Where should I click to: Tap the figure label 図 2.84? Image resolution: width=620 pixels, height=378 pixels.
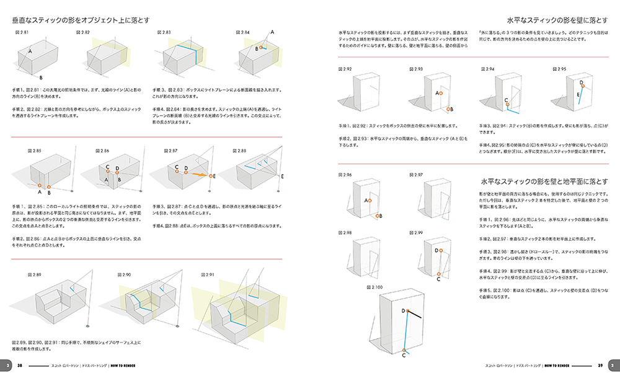click(x=244, y=32)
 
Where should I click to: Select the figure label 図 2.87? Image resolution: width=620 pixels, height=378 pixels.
click(x=172, y=151)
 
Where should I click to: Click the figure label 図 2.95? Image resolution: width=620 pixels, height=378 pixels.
click(x=557, y=69)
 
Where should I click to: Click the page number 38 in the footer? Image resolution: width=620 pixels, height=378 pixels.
click(x=20, y=365)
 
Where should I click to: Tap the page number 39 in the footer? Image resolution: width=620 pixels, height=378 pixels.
click(x=600, y=365)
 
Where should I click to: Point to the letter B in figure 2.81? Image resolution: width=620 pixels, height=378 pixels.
click(x=41, y=78)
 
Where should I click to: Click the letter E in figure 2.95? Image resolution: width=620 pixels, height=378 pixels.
click(x=578, y=95)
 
